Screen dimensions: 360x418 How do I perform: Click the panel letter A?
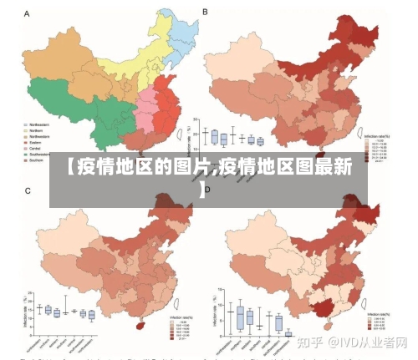tap(28, 14)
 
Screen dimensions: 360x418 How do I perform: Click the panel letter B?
tap(206, 13)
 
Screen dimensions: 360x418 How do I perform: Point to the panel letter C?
tap(28, 191)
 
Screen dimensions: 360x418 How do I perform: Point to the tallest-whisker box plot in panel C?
tap(65, 308)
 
